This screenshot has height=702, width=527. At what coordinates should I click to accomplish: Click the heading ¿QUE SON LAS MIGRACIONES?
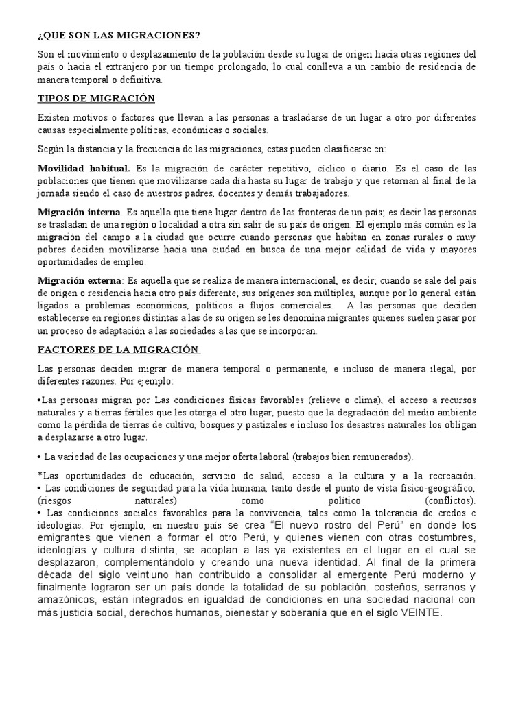(118, 36)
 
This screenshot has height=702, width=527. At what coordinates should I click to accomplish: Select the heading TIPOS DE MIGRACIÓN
(96, 99)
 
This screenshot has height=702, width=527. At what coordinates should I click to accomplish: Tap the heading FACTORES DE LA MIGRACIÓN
(118, 350)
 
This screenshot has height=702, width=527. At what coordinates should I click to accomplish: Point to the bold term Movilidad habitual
(84, 169)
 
